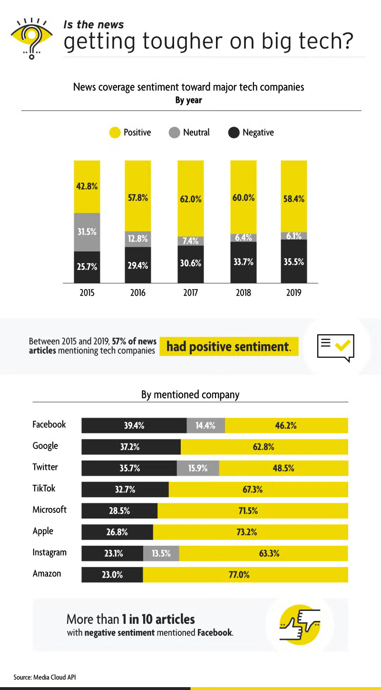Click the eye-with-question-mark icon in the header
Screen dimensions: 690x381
click(31, 37)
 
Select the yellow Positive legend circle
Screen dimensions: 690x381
click(115, 132)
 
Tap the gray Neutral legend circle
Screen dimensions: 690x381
click(174, 132)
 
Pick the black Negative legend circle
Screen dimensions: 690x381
click(234, 132)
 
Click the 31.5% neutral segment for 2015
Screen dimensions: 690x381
click(87, 232)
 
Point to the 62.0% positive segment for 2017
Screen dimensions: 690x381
click(191, 199)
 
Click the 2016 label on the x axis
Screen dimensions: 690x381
click(138, 293)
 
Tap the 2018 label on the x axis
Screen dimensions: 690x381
click(244, 293)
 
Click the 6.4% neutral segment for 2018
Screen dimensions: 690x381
click(244, 237)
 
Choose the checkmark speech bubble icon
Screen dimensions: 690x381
click(336, 347)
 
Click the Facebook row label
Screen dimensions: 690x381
click(49, 424)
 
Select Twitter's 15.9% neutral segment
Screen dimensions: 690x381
click(198, 468)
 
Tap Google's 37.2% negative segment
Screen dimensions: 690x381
click(131, 447)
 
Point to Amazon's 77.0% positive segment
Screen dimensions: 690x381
click(245, 575)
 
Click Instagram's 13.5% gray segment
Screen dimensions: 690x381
click(161, 553)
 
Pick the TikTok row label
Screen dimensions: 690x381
click(44, 489)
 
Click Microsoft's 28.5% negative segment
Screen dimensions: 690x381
click(119, 511)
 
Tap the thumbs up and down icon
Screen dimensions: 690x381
click(300, 624)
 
